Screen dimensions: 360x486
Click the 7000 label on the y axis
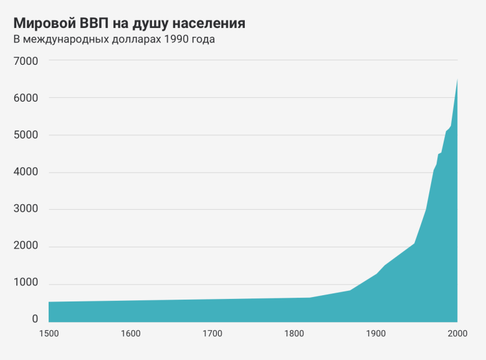[x=26, y=61]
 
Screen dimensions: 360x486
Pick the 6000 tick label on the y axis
[x=26, y=98]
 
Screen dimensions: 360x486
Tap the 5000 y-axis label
[x=26, y=135]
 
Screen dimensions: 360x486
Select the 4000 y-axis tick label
[x=26, y=173]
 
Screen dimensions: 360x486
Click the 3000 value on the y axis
[x=26, y=209]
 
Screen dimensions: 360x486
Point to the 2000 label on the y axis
[x=26, y=247]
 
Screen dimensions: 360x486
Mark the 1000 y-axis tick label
[x=26, y=283]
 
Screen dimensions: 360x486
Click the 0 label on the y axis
[x=36, y=319]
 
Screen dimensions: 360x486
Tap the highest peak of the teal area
[x=457, y=80]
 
